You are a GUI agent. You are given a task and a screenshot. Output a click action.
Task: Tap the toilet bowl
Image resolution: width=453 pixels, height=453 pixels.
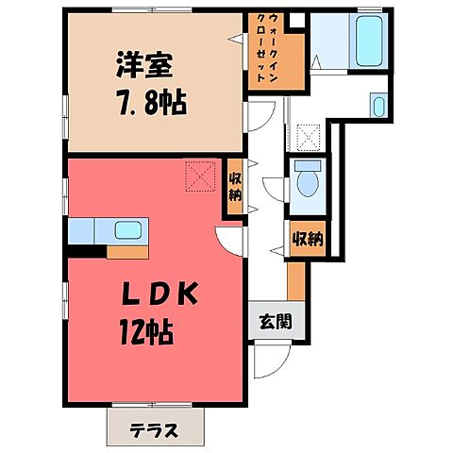pyautogui.click(x=306, y=179)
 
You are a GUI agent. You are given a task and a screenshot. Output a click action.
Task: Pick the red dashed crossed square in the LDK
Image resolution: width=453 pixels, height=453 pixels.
pyautogui.click(x=200, y=175)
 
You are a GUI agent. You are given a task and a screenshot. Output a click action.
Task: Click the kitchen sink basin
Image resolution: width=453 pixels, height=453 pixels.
pyautogui.click(x=126, y=229)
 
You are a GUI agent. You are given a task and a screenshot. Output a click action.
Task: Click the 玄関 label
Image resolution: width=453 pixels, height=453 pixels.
pyautogui.click(x=275, y=320)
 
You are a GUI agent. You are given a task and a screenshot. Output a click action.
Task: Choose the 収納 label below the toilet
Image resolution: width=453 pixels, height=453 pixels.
pyautogui.click(x=307, y=239)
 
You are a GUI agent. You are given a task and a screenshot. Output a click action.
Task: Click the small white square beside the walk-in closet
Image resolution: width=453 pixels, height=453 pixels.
pyautogui.click(x=297, y=19)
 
